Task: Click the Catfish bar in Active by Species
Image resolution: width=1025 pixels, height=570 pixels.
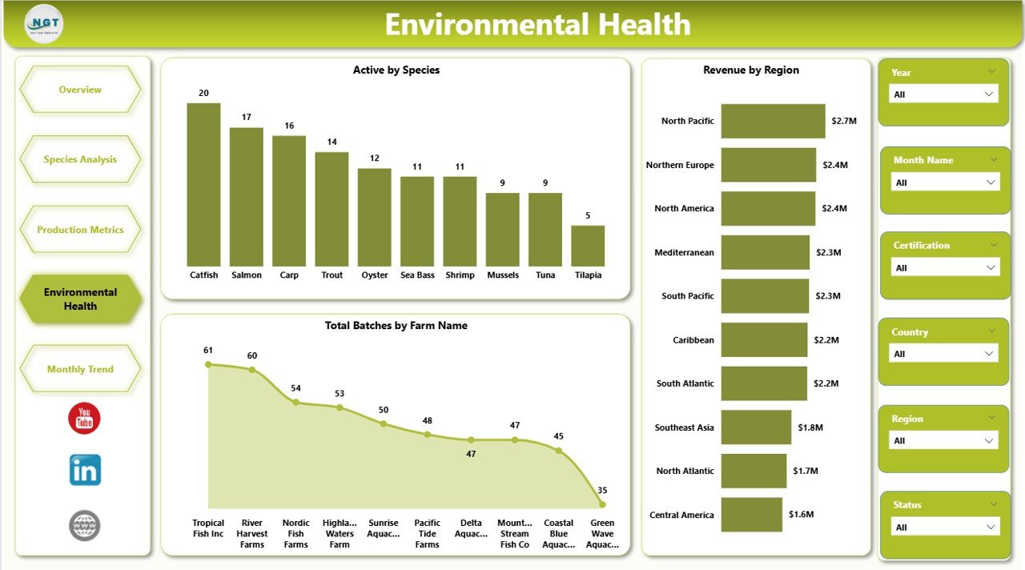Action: tap(203, 185)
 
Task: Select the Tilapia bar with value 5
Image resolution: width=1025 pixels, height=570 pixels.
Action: tap(588, 246)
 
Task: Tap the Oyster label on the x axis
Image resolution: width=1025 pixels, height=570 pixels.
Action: tap(375, 275)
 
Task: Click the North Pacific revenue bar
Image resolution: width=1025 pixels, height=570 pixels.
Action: tap(773, 121)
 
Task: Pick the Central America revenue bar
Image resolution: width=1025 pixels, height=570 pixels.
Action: tap(751, 515)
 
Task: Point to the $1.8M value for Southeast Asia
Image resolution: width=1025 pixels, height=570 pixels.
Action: tap(810, 427)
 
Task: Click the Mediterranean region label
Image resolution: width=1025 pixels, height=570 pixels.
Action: tap(684, 252)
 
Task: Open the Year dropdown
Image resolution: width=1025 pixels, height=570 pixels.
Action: tap(944, 94)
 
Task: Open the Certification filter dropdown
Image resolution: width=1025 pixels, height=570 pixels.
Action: tap(946, 268)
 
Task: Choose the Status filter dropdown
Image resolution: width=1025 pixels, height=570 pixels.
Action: tap(946, 528)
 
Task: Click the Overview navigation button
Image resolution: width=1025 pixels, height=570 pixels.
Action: tap(80, 90)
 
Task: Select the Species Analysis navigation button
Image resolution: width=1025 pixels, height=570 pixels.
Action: tap(80, 159)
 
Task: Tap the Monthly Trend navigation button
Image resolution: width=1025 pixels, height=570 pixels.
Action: tap(80, 369)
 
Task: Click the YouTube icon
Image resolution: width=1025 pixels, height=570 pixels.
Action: tap(84, 419)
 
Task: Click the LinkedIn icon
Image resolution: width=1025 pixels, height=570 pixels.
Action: tap(85, 471)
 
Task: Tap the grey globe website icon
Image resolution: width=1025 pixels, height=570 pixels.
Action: tap(85, 526)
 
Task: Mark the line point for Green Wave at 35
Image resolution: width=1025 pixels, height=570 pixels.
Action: tap(602, 504)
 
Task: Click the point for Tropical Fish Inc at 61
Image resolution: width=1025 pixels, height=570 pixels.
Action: tap(208, 364)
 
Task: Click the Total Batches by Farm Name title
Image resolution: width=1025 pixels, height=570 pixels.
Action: tap(396, 326)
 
